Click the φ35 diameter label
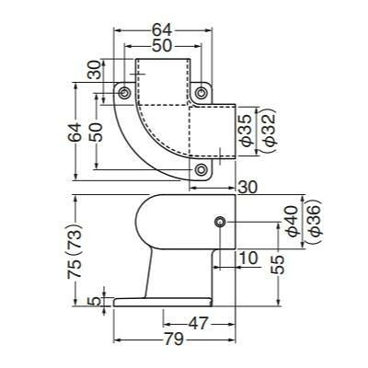pyautogui.click(x=246, y=131)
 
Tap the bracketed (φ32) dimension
pyautogui.click(x=270, y=131)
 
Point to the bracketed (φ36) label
pyautogui.click(x=316, y=221)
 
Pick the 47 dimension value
pyautogui.click(x=198, y=324)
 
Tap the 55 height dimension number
pyautogui.click(x=277, y=264)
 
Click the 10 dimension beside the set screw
pyautogui.click(x=248, y=259)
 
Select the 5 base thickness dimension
pyautogui.click(x=97, y=302)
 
